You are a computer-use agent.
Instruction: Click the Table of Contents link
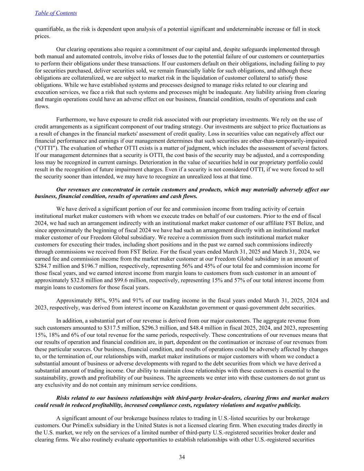point(56,13)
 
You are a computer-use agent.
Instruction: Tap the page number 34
point(182,457)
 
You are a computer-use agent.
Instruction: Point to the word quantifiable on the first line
point(49,29)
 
